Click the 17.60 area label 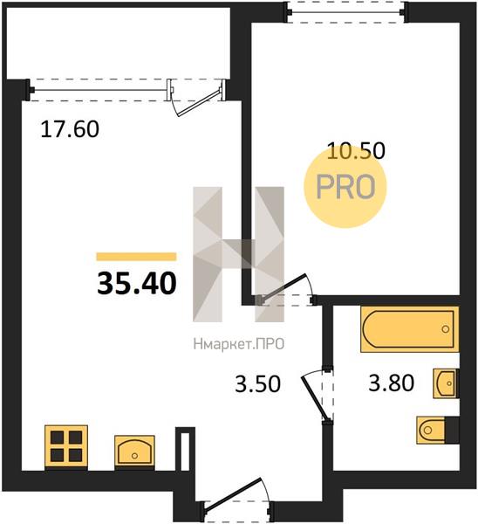(x=70, y=129)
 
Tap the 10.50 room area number (x=356, y=150)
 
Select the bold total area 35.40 (x=137, y=283)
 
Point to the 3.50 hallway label (x=257, y=383)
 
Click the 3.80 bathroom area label (x=392, y=383)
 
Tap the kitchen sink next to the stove (x=134, y=450)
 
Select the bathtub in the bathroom (x=409, y=329)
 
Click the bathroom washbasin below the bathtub (x=445, y=383)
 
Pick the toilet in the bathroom (x=438, y=430)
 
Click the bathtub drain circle (x=445, y=329)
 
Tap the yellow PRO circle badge (x=345, y=187)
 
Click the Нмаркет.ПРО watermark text (x=239, y=343)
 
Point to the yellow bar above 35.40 (x=136, y=256)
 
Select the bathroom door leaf (x=314, y=397)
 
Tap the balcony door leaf (x=199, y=102)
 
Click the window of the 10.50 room (x=346, y=12)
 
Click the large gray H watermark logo (x=239, y=254)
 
